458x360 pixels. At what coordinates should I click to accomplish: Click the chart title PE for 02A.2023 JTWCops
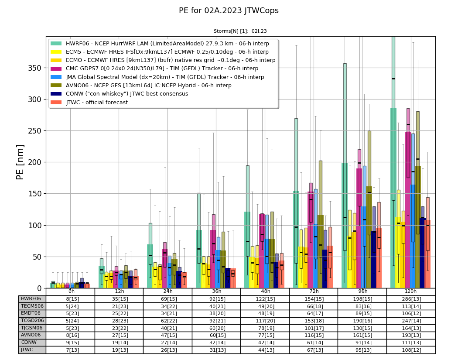tap(229, 10)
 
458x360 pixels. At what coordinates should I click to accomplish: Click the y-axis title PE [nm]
tap(20, 162)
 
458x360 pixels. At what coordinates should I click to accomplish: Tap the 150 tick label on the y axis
tap(34, 194)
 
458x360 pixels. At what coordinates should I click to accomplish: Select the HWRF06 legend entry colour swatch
tap(56, 44)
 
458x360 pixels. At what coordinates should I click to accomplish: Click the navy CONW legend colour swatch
tap(56, 94)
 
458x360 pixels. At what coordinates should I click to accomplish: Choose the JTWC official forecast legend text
tap(97, 103)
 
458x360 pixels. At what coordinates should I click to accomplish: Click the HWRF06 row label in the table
tap(31, 299)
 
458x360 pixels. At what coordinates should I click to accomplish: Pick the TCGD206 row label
tap(32, 321)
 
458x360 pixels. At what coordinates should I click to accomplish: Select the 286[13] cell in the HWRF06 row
tap(411, 299)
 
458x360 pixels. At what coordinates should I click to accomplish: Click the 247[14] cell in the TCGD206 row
tap(411, 321)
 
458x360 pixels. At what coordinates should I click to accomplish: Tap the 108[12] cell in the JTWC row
tap(411, 350)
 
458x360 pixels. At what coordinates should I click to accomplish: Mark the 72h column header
tap(314, 291)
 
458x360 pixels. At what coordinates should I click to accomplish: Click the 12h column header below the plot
tap(120, 291)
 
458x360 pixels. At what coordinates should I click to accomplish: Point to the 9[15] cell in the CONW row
tap(71, 343)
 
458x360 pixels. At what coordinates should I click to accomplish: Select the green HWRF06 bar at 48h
tap(247, 250)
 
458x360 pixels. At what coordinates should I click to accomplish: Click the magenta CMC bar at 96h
tap(359, 228)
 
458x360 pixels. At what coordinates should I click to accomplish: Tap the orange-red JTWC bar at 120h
tap(427, 254)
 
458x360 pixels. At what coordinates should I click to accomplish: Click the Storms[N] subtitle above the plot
tap(240, 31)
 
